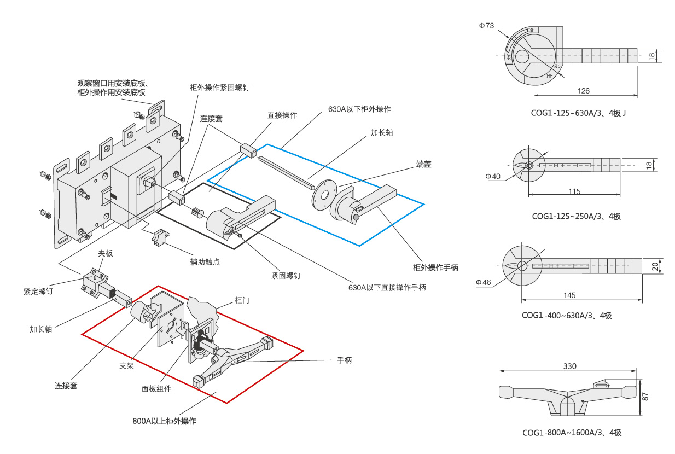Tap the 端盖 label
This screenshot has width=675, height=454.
click(423, 164)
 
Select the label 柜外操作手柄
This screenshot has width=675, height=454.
click(435, 267)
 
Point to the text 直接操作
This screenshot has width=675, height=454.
click(282, 115)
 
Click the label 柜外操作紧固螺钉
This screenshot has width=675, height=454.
click(219, 88)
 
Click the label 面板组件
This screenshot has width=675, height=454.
click(156, 389)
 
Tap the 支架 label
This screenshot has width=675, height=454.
click(126, 365)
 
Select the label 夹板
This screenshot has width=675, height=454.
click(106, 253)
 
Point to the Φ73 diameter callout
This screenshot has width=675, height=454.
click(486, 25)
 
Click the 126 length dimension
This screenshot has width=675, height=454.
click(584, 91)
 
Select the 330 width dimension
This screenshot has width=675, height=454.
click(569, 366)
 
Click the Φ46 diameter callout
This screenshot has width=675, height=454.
click(484, 282)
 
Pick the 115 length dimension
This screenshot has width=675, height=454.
click(574, 191)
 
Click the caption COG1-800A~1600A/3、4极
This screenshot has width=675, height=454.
click(572, 433)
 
